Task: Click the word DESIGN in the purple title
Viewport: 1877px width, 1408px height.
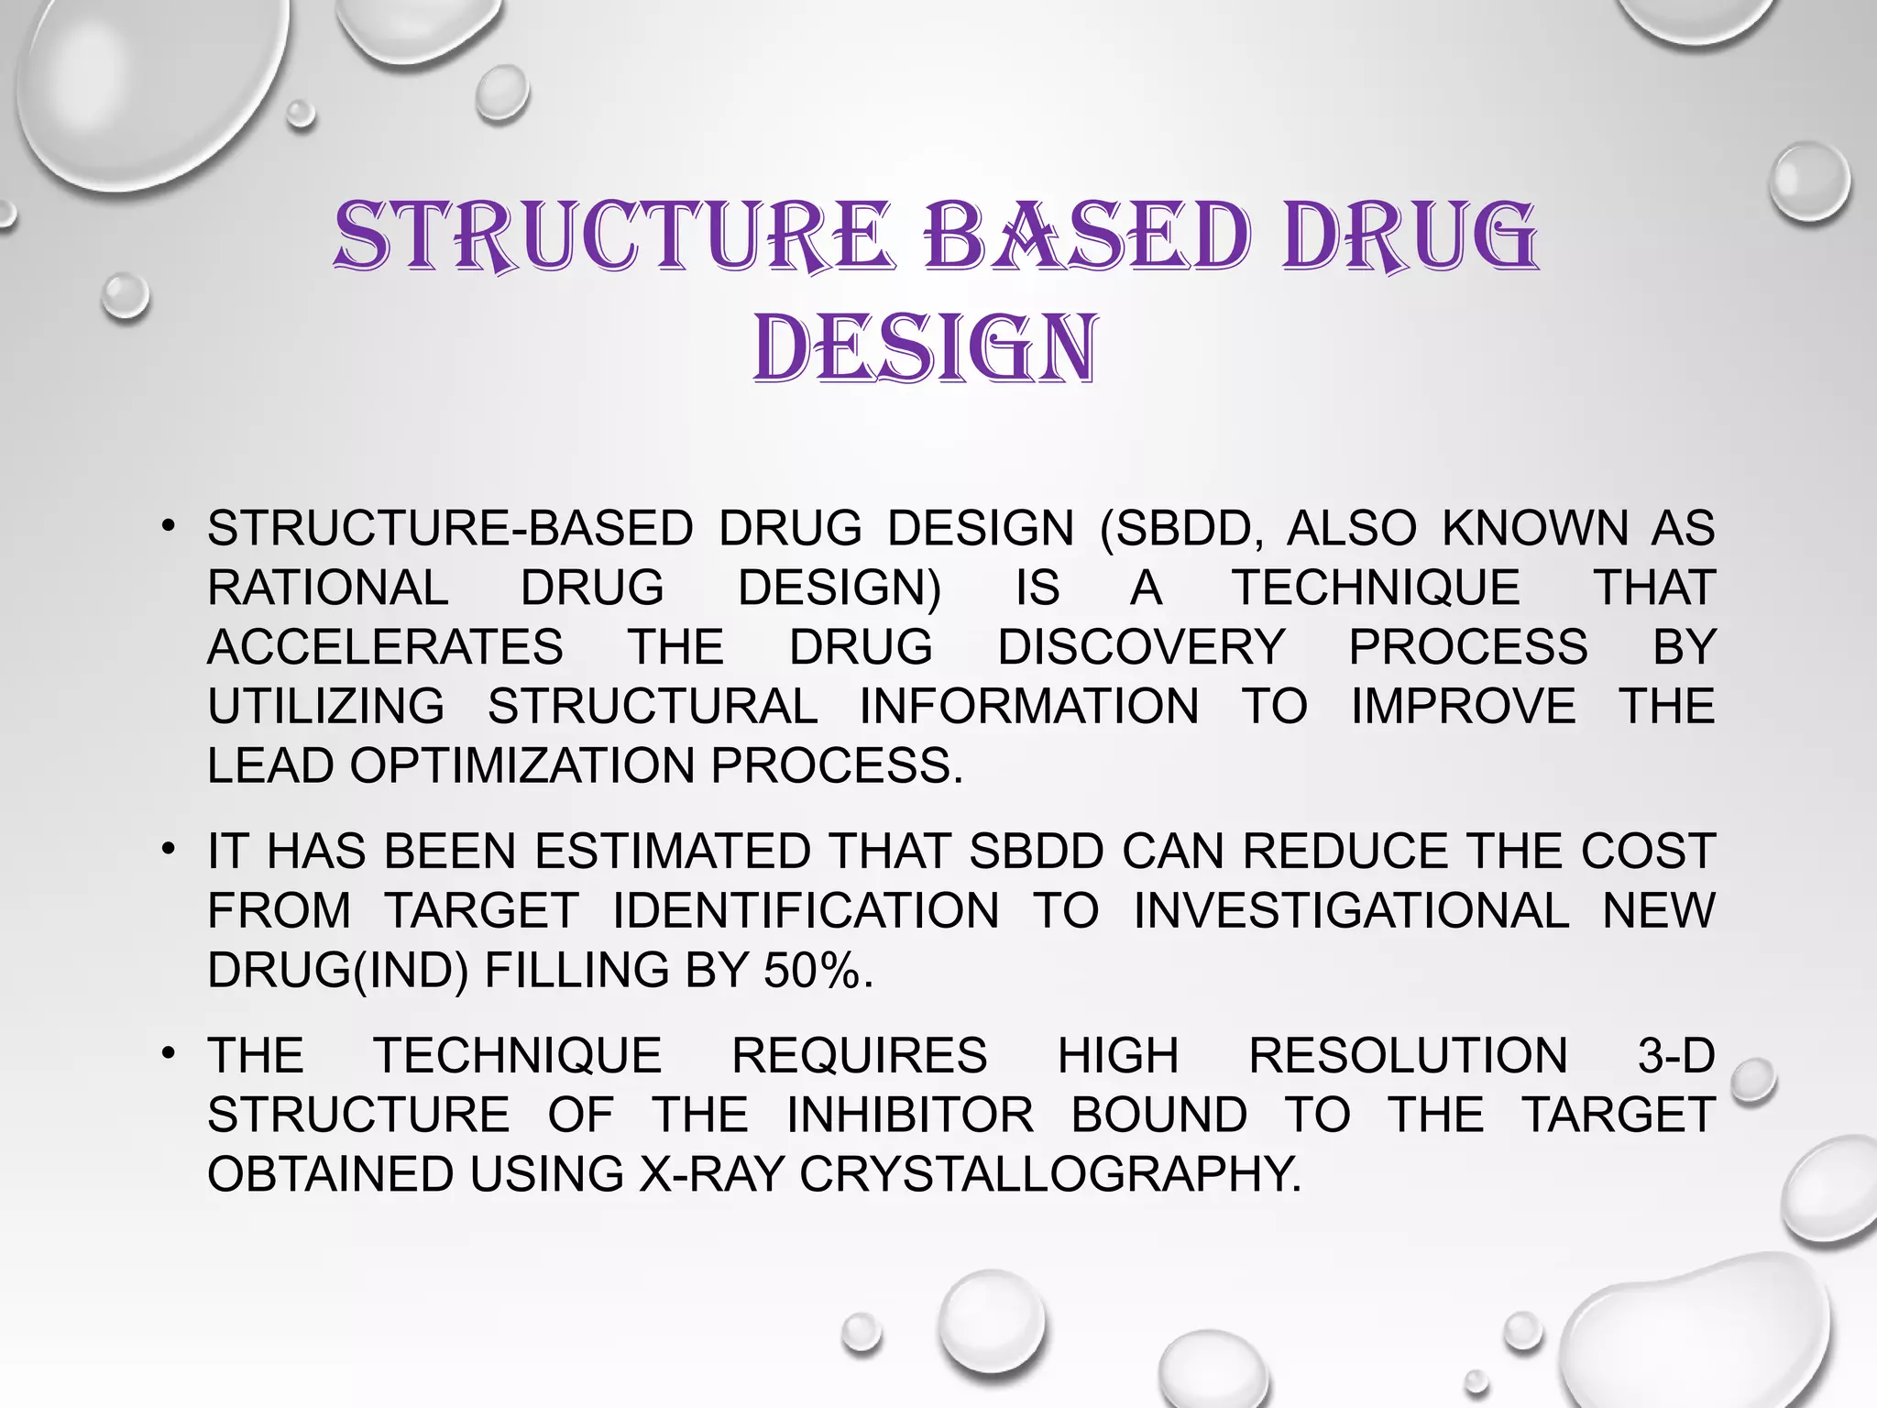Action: click(925, 349)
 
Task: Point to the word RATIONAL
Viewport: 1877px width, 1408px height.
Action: click(327, 588)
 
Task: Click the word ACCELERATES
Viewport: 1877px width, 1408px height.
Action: click(385, 647)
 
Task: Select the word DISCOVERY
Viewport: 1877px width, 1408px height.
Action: click(1141, 647)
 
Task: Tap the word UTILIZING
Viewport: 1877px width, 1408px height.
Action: click(326, 707)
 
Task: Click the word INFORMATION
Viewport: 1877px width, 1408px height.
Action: click(1028, 707)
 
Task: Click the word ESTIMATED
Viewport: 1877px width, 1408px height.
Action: click(673, 852)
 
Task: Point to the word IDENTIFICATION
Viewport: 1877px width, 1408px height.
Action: click(806, 911)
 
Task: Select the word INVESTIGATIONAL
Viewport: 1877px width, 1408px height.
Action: click(1351, 911)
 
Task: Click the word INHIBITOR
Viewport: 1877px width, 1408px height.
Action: click(910, 1116)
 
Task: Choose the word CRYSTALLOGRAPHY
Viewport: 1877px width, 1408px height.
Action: click(1049, 1175)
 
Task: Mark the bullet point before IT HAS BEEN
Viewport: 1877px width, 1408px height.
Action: click(167, 849)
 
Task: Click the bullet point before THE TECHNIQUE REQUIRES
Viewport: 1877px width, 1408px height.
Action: click(167, 1054)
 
